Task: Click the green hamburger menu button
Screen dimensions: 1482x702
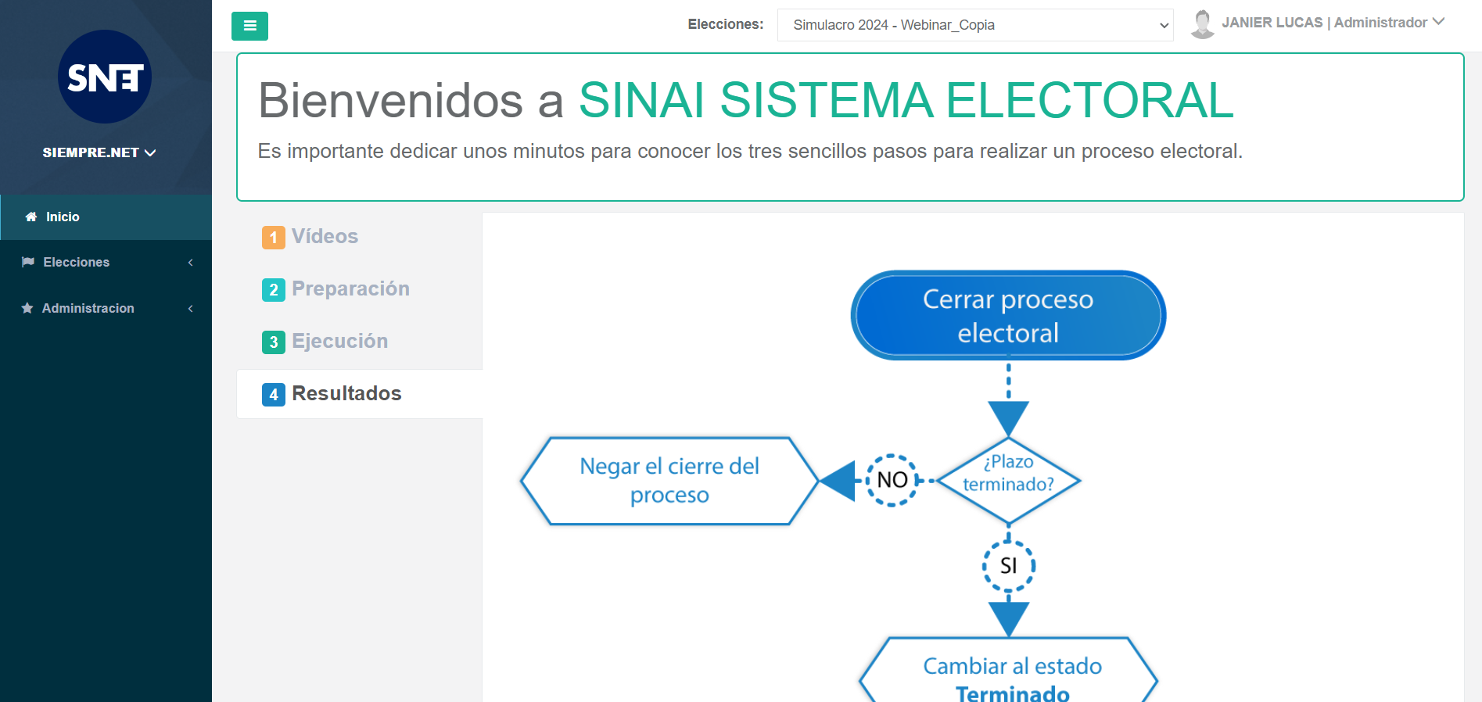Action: (249, 26)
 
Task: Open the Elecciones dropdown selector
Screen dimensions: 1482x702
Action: (975, 25)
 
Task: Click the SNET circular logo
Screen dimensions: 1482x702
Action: (105, 77)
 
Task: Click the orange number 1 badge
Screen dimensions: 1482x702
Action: (274, 238)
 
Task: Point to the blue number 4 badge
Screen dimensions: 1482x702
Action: (274, 395)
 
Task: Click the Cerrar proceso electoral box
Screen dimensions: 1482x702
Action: (1008, 315)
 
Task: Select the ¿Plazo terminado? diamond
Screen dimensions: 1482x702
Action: (1008, 480)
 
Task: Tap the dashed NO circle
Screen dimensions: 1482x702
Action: (892, 480)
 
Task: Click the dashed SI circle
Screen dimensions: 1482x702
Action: (1009, 565)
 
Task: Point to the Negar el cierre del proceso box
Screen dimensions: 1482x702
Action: (669, 481)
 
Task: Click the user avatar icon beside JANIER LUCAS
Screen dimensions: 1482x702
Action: (1202, 24)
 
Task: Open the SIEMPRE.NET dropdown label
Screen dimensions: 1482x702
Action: (99, 152)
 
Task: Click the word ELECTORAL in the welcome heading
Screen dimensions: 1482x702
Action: (1089, 100)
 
